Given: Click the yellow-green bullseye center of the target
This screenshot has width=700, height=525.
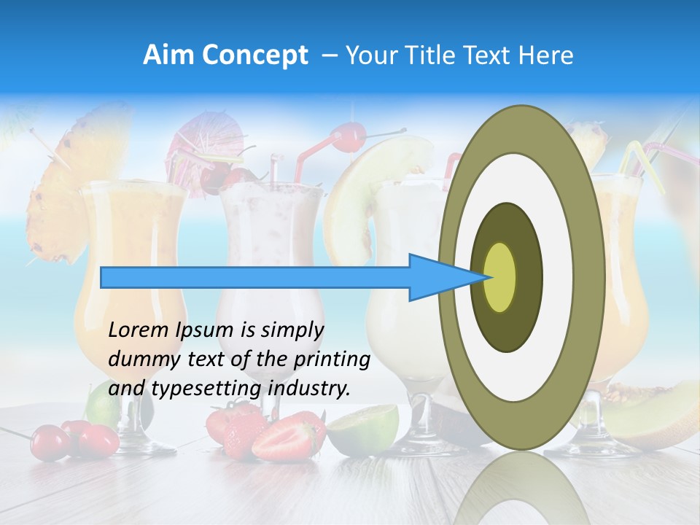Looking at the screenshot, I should point(500,277).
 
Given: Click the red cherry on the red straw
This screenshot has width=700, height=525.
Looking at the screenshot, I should point(348,136).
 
